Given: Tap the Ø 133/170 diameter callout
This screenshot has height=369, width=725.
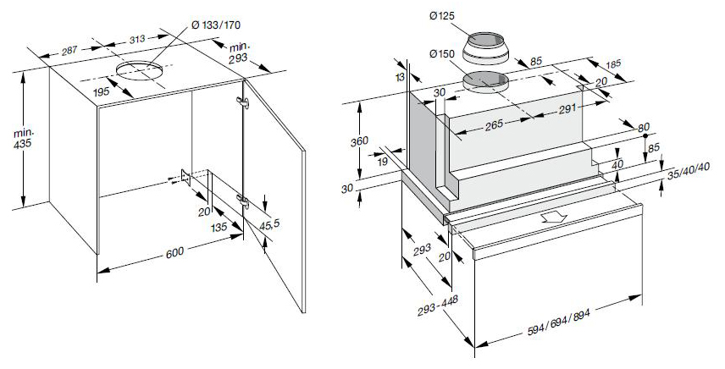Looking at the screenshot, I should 219,23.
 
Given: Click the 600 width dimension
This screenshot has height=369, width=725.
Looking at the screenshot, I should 174,252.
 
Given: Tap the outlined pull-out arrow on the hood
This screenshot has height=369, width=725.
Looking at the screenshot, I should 556,218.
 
